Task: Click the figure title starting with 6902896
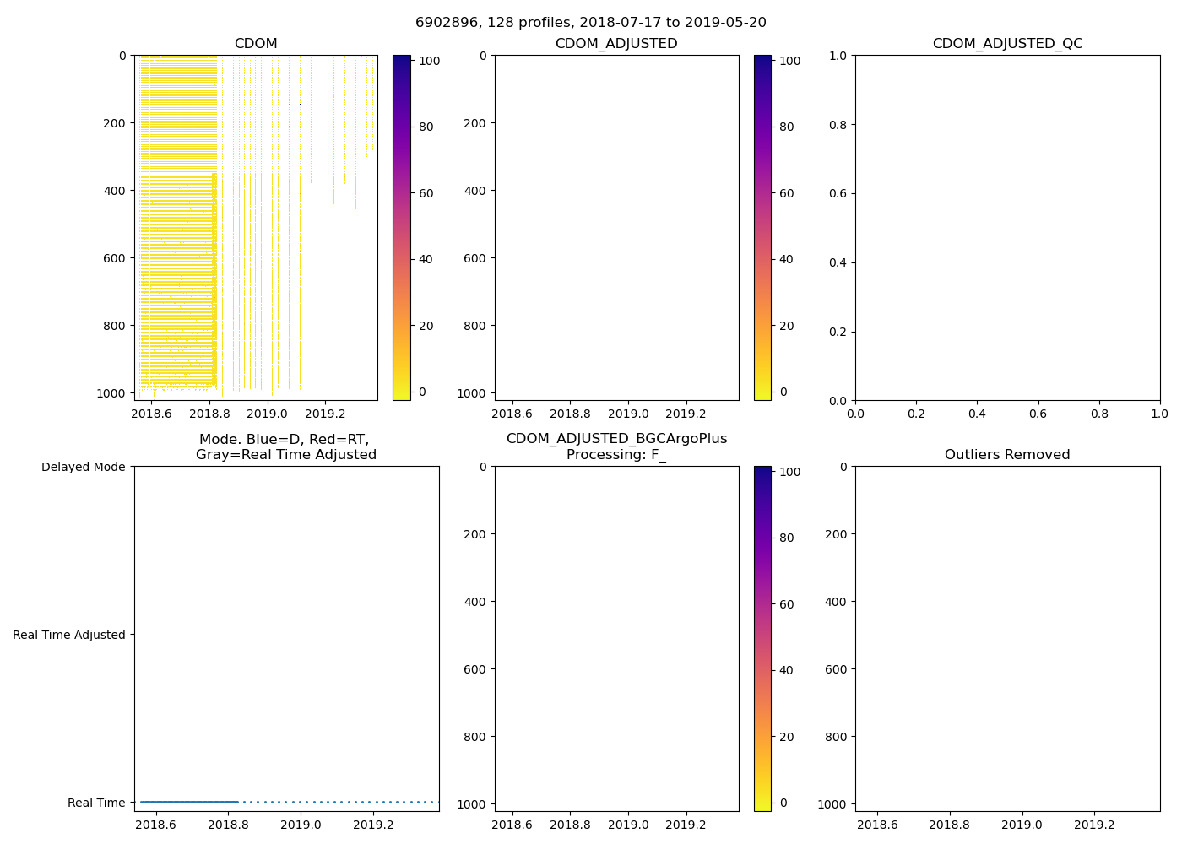590,23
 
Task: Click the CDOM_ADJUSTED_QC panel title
1007,44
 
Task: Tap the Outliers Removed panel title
1007,455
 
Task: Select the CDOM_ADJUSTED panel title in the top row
616,44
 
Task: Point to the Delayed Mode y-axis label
83,467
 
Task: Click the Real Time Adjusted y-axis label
69,635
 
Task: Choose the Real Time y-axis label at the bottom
96,803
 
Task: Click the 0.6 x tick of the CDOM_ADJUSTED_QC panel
1038,414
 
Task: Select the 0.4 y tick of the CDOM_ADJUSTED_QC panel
836,262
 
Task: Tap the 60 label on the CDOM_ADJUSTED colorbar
786,193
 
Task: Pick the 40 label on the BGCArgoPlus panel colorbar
786,670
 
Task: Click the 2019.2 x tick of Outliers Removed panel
1095,825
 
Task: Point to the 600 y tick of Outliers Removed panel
837,669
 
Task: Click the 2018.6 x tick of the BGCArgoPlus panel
512,825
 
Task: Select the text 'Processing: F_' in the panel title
616,455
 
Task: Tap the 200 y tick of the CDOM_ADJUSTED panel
475,123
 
